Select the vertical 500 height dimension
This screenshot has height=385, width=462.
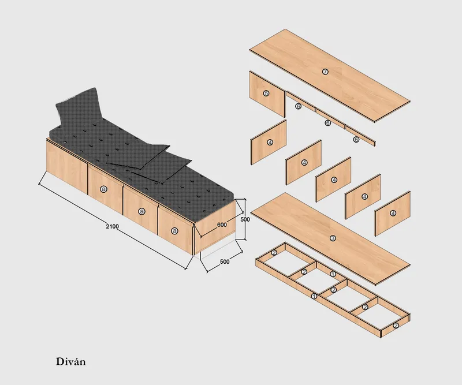[245, 220]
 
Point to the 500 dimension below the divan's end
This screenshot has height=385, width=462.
[225, 261]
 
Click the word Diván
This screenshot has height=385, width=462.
[70, 362]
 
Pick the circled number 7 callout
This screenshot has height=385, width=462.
[325, 72]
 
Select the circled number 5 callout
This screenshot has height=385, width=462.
[266, 92]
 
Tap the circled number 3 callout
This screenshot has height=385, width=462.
[333, 238]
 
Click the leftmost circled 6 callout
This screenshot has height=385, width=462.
[299, 106]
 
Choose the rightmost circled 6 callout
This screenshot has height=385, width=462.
[356, 139]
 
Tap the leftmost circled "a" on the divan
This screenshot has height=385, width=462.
[104, 189]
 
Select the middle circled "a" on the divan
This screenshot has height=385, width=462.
[141, 211]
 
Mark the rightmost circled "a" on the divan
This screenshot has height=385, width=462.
[174, 231]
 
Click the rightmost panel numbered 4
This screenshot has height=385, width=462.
[393, 213]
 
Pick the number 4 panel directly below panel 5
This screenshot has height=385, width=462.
[269, 142]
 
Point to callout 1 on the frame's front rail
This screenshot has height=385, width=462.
[314, 296]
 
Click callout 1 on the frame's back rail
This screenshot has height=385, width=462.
[333, 273]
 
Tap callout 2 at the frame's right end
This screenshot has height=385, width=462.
[396, 326]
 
